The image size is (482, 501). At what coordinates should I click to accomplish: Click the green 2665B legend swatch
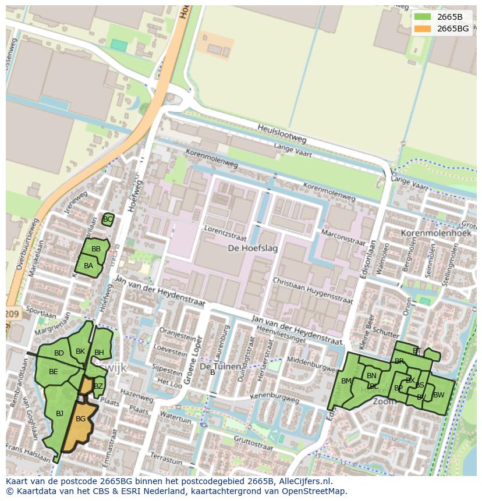tap(423, 17)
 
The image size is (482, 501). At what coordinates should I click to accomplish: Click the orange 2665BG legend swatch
tap(423, 29)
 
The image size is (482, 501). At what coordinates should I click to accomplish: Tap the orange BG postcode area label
tap(81, 419)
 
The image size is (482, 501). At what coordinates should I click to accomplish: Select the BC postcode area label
tap(107, 219)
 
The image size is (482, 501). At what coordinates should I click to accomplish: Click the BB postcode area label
tap(96, 249)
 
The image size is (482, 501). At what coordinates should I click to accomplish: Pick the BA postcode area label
tap(88, 266)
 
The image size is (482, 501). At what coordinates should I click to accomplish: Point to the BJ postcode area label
tap(59, 414)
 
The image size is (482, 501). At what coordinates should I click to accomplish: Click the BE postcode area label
tap(54, 372)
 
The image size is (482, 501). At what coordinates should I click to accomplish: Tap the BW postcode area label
tap(438, 395)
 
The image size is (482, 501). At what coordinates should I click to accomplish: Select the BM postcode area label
tap(346, 382)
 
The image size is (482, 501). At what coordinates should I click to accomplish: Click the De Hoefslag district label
tap(253, 248)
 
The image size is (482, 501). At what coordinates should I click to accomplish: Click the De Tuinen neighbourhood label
tap(220, 367)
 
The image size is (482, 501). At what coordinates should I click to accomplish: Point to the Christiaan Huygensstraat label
tap(313, 290)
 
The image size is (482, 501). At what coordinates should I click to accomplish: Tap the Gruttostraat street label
tap(252, 443)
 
